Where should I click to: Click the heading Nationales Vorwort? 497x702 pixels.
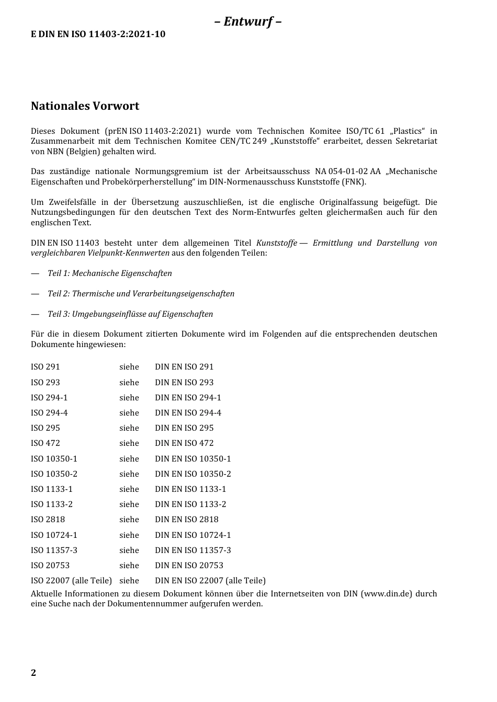click(x=85, y=106)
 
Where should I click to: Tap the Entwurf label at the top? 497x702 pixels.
click(x=248, y=21)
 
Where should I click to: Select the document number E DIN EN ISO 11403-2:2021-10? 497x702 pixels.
click(x=98, y=34)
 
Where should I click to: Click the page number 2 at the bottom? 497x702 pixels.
click(x=33, y=673)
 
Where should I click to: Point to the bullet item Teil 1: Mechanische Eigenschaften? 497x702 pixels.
click(x=109, y=273)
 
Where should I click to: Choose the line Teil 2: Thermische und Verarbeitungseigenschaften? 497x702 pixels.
click(x=141, y=294)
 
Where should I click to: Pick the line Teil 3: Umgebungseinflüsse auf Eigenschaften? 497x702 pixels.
click(x=130, y=314)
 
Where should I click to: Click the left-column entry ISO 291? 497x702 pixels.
click(x=46, y=367)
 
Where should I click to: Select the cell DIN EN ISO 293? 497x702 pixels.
click(x=184, y=383)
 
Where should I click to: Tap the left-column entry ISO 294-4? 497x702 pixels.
click(x=49, y=413)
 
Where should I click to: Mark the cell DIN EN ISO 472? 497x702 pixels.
click(x=184, y=443)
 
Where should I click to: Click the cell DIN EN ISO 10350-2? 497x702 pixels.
click(x=193, y=474)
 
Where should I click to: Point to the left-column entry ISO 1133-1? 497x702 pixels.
click(x=52, y=489)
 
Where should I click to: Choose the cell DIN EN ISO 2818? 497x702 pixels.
click(x=186, y=520)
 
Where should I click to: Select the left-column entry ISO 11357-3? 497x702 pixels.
click(x=54, y=550)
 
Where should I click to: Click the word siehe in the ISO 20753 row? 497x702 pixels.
click(x=129, y=566)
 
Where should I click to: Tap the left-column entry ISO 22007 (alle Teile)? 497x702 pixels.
click(x=71, y=581)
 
